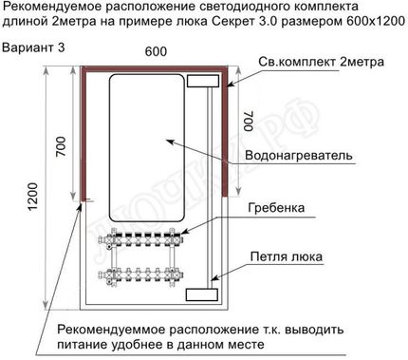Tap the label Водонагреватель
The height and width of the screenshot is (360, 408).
299,155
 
